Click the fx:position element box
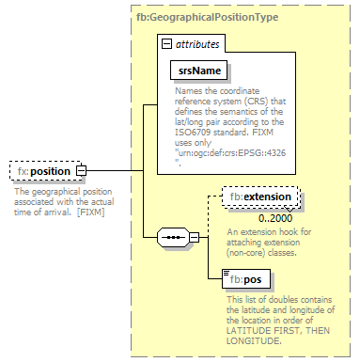42,171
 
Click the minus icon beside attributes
166,43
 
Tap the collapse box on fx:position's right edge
81,171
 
